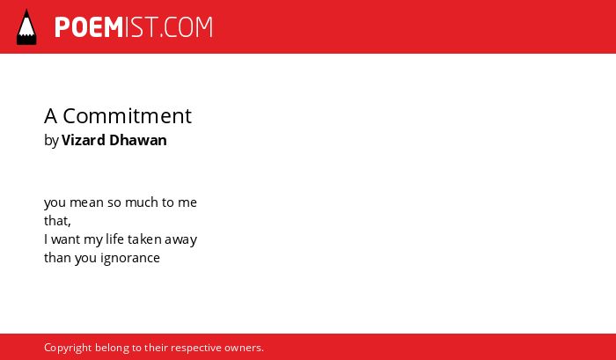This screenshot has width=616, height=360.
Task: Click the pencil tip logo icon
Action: [x=26, y=27]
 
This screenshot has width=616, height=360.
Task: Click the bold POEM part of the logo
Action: [x=89, y=27]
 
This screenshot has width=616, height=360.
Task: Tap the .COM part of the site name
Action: [x=186, y=27]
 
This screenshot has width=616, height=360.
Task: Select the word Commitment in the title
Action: [x=128, y=116]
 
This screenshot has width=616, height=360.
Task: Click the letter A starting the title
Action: [x=51, y=116]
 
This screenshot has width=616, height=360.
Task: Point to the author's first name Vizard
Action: [x=84, y=140]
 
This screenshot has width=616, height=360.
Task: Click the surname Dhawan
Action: [x=138, y=140]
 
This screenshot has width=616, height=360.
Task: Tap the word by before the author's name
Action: [x=51, y=141]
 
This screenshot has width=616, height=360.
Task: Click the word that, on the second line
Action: [x=57, y=221]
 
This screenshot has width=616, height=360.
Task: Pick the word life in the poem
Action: [x=114, y=239]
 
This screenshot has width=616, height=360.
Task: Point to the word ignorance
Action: [x=130, y=258]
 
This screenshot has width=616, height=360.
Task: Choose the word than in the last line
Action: [x=57, y=257]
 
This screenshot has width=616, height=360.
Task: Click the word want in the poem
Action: [x=66, y=239]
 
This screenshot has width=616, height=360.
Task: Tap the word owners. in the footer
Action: [x=244, y=348]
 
